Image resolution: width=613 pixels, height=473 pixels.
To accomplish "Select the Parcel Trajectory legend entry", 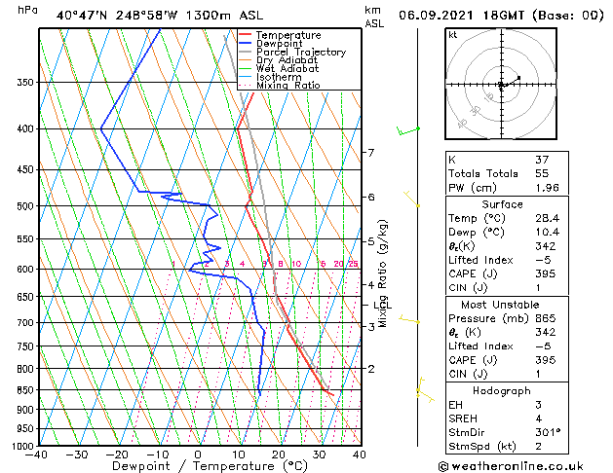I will [300, 53].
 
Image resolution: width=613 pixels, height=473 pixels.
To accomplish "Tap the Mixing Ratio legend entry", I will [287, 86].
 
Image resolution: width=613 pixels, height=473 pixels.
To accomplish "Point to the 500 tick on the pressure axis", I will [26, 206].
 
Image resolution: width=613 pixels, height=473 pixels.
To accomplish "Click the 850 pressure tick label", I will [26, 390].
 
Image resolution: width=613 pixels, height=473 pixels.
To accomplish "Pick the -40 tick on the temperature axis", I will [38, 455].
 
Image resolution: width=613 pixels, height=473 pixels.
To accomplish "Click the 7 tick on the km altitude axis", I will [370, 153].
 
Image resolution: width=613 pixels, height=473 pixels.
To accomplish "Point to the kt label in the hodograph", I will [452, 34].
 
